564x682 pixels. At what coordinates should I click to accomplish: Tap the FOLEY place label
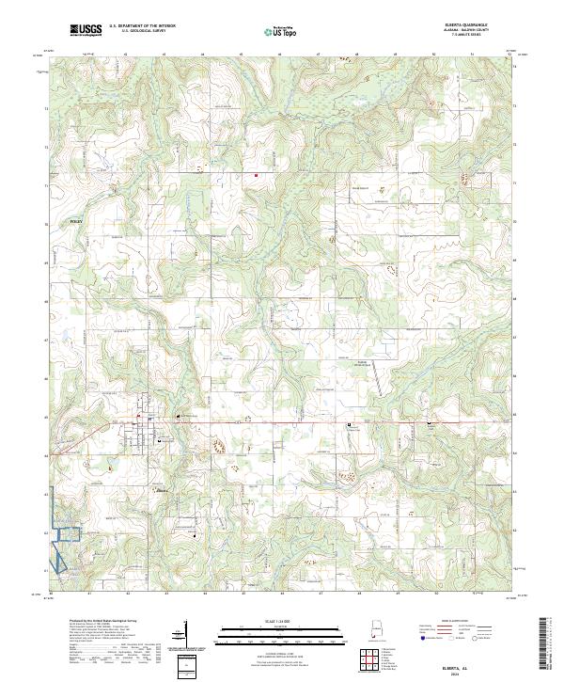pyautogui.click(x=77, y=221)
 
